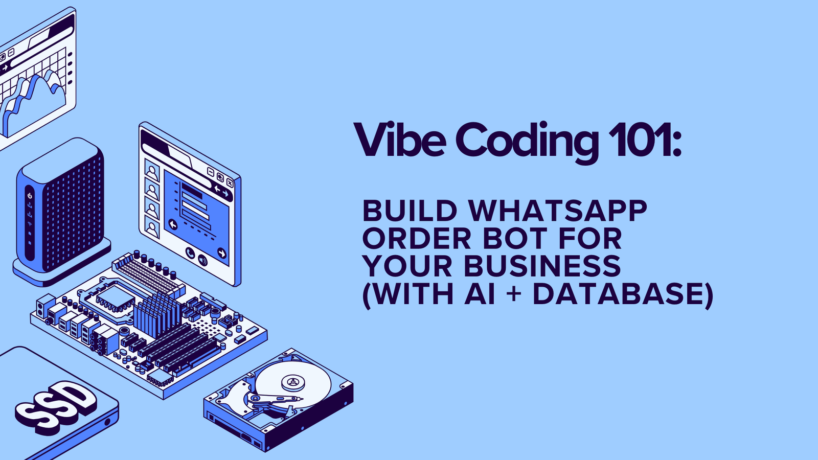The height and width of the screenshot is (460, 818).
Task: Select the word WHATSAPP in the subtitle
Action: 558,211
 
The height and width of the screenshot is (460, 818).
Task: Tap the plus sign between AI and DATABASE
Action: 514,294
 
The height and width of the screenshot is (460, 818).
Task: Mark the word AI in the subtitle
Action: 480,294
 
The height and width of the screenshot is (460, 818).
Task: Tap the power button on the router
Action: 30,196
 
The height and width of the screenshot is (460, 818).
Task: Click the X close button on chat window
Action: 230,182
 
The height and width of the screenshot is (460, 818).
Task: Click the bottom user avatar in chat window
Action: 152,227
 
